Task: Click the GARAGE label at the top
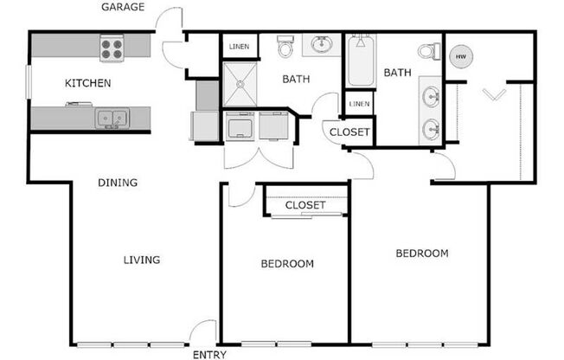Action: pyautogui.click(x=123, y=8)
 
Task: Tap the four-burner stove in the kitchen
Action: pyautogui.click(x=112, y=48)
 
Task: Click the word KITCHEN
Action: pyautogui.click(x=88, y=84)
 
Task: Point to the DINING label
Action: pyautogui.click(x=118, y=183)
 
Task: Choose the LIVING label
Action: pyautogui.click(x=141, y=260)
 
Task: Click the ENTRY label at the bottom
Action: pyautogui.click(x=210, y=355)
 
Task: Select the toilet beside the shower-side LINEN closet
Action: pyautogui.click(x=286, y=48)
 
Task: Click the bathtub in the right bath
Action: pyautogui.click(x=361, y=61)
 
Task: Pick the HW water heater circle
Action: pyautogui.click(x=459, y=56)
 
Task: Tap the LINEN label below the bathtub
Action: pyautogui.click(x=360, y=104)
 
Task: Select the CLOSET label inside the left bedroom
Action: pyautogui.click(x=305, y=206)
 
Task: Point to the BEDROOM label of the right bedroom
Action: pyautogui.click(x=422, y=254)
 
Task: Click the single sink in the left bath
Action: pyautogui.click(x=323, y=43)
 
